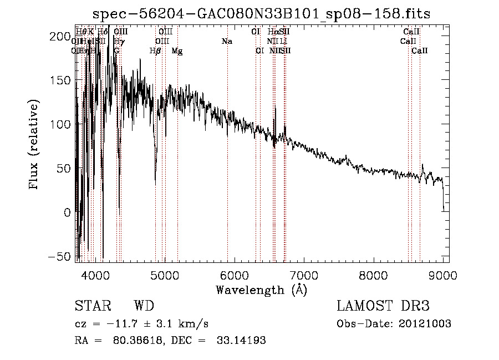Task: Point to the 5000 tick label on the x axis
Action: (x=164, y=275)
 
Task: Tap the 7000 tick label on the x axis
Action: (x=304, y=275)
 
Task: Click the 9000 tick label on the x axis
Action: (x=443, y=275)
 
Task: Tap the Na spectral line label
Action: (x=226, y=42)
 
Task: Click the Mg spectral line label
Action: (x=177, y=51)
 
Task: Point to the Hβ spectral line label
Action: (x=155, y=51)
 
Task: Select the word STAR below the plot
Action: (x=92, y=306)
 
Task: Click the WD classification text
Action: (x=144, y=306)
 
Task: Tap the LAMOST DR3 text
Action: (x=383, y=306)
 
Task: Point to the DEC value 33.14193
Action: (x=241, y=341)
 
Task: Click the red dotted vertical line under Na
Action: (x=227, y=166)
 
